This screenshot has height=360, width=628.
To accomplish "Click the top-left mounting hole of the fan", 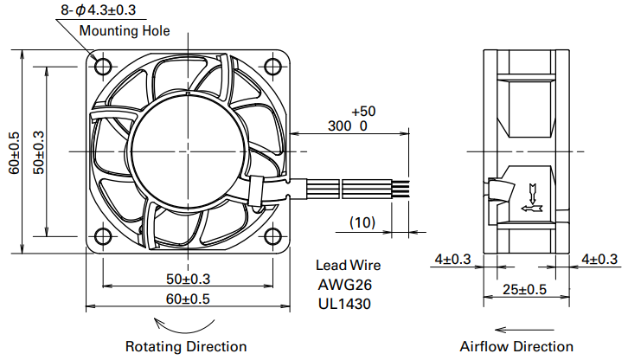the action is pos(103,67).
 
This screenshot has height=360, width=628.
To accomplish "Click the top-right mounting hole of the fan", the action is pos(272,67).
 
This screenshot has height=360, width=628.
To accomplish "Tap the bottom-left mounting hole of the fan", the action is pos(103,236).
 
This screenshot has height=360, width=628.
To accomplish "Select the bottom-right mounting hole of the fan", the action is pos(272,236).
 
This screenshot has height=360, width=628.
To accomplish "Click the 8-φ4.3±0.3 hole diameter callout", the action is pos(99,10).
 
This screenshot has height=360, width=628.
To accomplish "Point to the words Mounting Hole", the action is pos(125,30).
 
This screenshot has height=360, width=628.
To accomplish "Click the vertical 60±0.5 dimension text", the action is pos(15,152).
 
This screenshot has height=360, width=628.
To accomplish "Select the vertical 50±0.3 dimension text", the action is pos(39,152).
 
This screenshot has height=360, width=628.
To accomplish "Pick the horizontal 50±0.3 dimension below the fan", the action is pos(188,279).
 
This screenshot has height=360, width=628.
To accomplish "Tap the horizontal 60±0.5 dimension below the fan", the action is pos(188,299).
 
